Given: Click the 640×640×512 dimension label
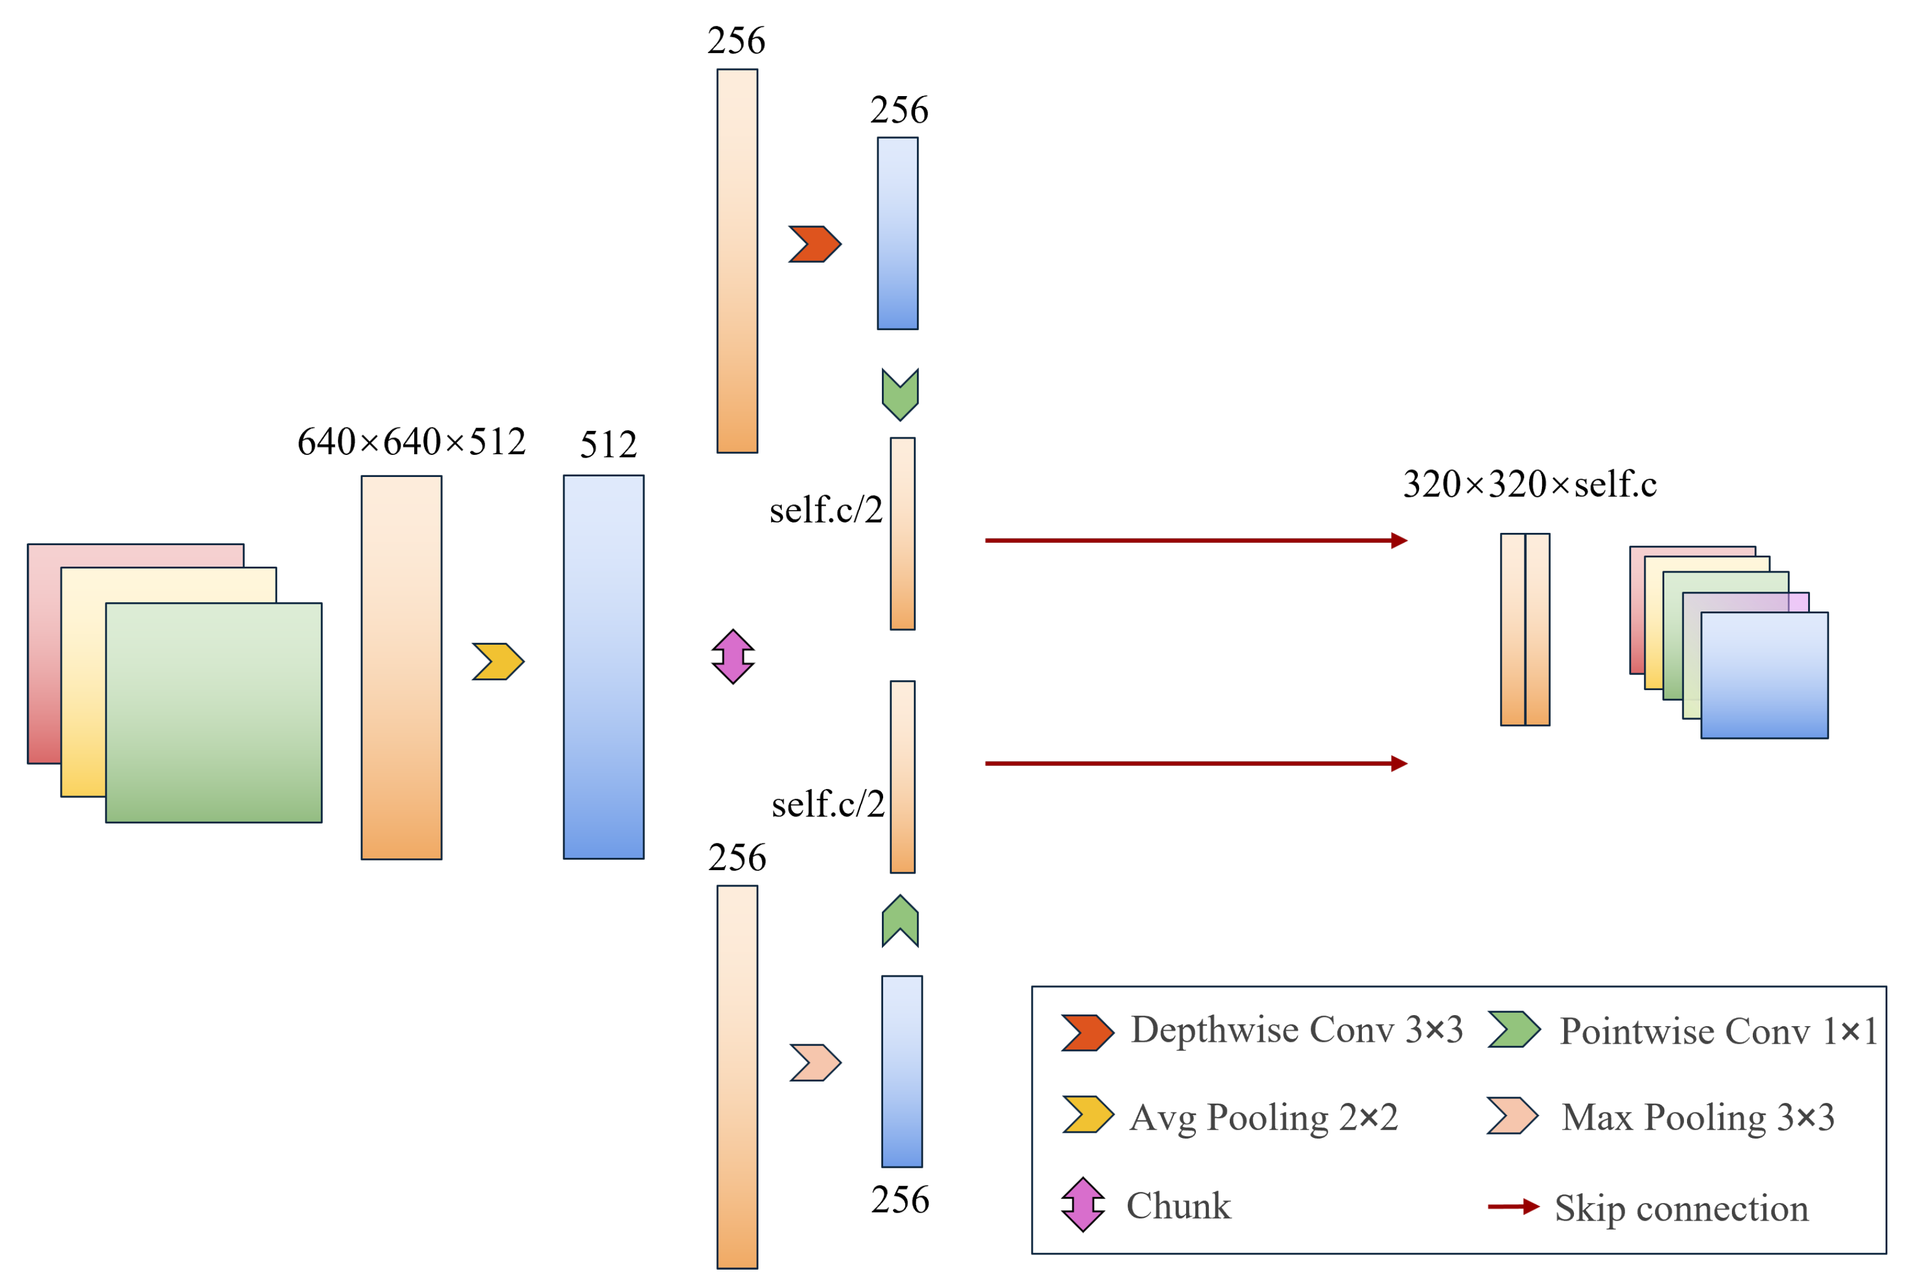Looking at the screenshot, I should click(411, 442).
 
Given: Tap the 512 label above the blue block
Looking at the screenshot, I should click(608, 445).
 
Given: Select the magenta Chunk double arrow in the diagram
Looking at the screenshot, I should click(732, 656).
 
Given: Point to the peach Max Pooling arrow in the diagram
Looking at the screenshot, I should click(815, 1063).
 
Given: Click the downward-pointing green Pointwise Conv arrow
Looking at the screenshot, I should click(900, 394).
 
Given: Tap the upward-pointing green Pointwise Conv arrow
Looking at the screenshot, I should click(900, 921).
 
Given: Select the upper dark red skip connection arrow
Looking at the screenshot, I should click(1195, 540).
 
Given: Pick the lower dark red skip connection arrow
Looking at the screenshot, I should click(1195, 764).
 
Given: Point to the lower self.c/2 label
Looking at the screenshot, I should click(827, 804).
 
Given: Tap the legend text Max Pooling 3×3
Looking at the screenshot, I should click(1697, 1118).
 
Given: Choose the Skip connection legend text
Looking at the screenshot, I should click(1681, 1208).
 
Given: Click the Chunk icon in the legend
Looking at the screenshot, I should click(1083, 1204).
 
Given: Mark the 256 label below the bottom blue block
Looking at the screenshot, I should click(900, 1200).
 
